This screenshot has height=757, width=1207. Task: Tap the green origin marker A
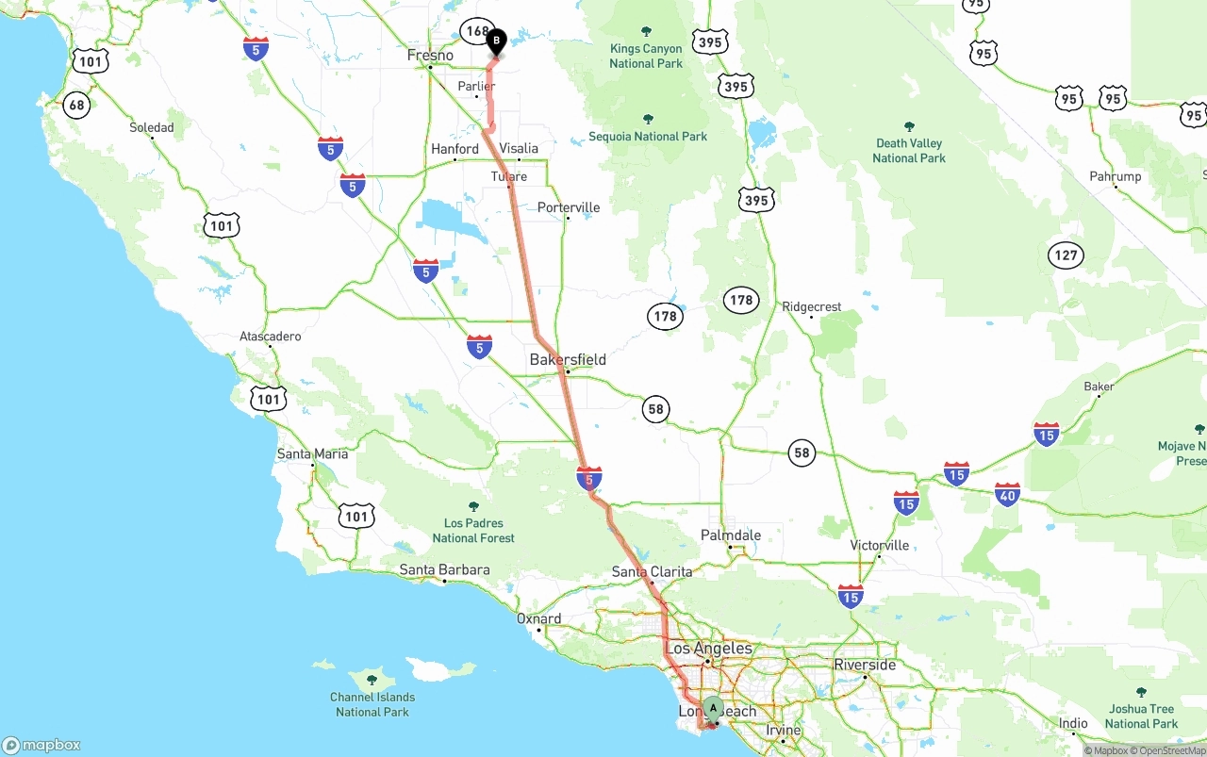(x=714, y=708)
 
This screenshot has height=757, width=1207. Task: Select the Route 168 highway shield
(x=476, y=32)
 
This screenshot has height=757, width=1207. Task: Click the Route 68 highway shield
(x=76, y=105)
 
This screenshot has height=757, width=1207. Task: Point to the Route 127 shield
(x=1066, y=255)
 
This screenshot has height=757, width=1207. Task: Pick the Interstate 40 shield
(x=1007, y=493)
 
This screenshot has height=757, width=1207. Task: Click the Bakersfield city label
(x=568, y=359)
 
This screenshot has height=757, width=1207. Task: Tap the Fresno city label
(x=430, y=56)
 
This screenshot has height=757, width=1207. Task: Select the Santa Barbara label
(x=444, y=569)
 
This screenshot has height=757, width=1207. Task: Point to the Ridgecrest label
(x=811, y=306)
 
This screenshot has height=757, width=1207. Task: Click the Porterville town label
(x=569, y=207)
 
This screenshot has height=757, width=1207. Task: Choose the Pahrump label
(x=1115, y=176)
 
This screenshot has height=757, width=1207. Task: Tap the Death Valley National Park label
(x=909, y=151)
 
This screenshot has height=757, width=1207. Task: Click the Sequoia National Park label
(x=648, y=136)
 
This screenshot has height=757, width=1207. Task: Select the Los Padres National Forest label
(x=473, y=530)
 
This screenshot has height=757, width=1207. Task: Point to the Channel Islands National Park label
(x=372, y=704)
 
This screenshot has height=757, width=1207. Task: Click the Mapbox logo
(x=42, y=745)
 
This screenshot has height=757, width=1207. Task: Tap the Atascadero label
(x=271, y=337)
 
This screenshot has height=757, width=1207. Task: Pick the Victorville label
(x=879, y=545)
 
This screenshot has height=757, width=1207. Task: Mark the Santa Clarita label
(x=652, y=571)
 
